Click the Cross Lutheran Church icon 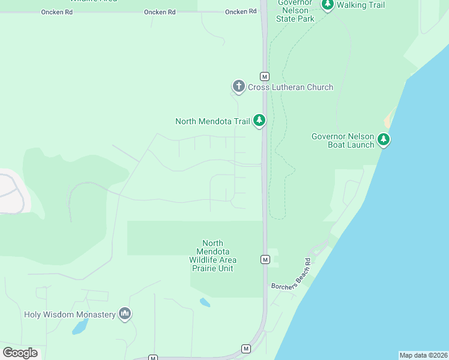pyautogui.click(x=239, y=87)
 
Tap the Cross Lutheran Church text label pyautogui.click(x=291, y=88)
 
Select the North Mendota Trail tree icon pyautogui.click(x=259, y=121)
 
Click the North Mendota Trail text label pyautogui.click(x=212, y=121)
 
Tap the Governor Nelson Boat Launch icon pyautogui.click(x=384, y=140)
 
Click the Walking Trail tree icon pyautogui.click(x=327, y=5)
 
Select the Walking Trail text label pyautogui.click(x=361, y=5)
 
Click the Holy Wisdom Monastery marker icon pyautogui.click(x=125, y=314)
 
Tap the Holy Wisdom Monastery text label pyautogui.click(x=70, y=314)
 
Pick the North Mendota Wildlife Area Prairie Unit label pyautogui.click(x=213, y=256)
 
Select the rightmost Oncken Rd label pyautogui.click(x=237, y=12)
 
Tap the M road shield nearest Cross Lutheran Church pyautogui.click(x=264, y=76)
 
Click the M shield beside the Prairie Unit pyautogui.click(x=265, y=259)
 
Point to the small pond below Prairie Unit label pyautogui.click(x=205, y=302)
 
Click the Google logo pyautogui.click(x=20, y=353)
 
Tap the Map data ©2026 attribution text pyautogui.click(x=423, y=355)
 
